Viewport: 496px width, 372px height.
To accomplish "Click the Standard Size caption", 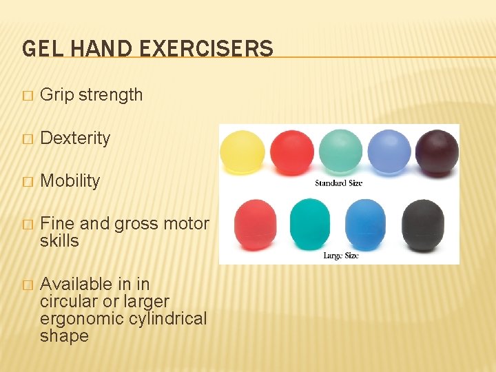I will coord(338,183).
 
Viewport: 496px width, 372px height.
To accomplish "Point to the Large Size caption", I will coord(341,256).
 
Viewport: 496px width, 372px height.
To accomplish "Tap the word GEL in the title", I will coord(39,49).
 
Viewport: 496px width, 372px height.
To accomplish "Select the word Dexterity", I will coord(75,138).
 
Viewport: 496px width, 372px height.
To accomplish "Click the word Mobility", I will coord(70,180).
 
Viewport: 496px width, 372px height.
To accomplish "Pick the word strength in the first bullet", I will coord(111,95).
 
